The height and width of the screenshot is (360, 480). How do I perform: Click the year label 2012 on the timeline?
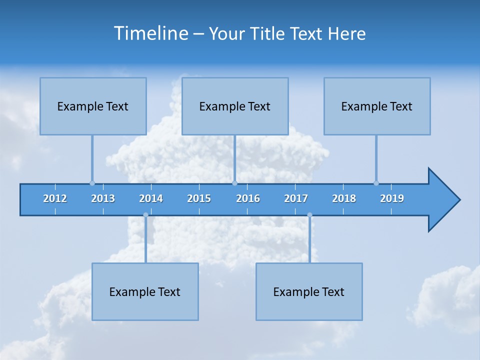click(x=55, y=198)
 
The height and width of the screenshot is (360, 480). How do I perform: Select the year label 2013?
click(x=103, y=198)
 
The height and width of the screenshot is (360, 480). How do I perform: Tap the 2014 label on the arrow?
click(x=151, y=198)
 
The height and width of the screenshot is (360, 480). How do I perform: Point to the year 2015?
click(x=199, y=198)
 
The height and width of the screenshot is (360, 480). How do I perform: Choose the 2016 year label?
click(x=248, y=198)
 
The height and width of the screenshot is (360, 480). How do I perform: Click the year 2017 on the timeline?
click(x=296, y=198)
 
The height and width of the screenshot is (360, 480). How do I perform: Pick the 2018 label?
click(x=344, y=198)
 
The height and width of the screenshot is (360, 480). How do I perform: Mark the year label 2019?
click(x=392, y=198)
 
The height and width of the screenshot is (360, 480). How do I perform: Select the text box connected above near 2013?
click(x=93, y=106)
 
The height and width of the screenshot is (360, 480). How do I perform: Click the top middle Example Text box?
click(x=235, y=106)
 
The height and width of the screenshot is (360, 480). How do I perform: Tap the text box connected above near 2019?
click(x=377, y=106)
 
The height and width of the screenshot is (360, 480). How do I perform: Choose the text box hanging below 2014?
click(x=145, y=291)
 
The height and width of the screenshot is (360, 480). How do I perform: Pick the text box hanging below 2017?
click(x=309, y=291)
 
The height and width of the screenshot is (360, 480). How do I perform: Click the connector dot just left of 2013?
click(x=92, y=183)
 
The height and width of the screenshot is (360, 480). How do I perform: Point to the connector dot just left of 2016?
click(x=234, y=183)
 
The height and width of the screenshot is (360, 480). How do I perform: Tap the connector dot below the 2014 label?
click(x=145, y=215)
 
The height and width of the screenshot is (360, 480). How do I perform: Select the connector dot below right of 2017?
click(x=309, y=215)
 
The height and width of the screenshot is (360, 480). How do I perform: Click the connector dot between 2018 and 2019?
click(x=376, y=183)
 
